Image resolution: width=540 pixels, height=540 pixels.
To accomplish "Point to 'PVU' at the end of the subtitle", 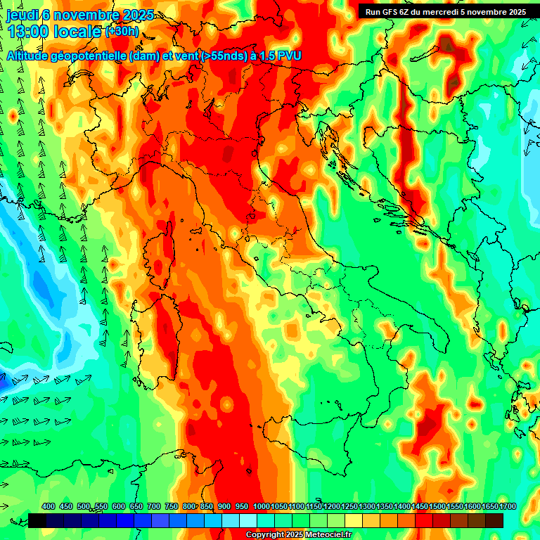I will point(290,56).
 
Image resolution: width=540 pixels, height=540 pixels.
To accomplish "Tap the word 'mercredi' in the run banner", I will point(458,12).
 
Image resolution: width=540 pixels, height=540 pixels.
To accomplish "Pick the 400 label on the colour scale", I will point(49,507).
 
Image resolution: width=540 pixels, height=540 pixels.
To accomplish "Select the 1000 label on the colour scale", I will point(262,507).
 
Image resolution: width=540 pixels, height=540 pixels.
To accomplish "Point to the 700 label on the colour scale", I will point(154,507).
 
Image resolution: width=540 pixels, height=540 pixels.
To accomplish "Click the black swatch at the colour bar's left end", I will point(37,520).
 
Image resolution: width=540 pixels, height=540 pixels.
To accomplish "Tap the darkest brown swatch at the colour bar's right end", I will point(494,520).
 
